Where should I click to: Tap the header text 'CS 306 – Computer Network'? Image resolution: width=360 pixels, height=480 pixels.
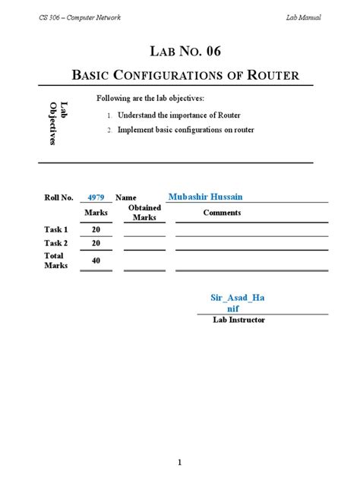(x=80, y=17)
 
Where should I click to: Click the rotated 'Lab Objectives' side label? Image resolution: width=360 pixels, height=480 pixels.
(x=58, y=123)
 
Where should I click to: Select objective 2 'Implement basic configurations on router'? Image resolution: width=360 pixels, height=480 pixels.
(x=185, y=130)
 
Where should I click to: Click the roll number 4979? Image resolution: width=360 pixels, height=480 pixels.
(x=96, y=197)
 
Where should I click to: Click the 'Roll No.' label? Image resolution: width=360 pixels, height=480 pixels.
(x=58, y=197)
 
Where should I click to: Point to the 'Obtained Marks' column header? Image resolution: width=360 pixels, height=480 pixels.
(x=144, y=213)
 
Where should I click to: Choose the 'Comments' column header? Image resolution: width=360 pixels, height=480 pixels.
(x=222, y=213)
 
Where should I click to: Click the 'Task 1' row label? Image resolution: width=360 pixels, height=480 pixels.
(x=56, y=229)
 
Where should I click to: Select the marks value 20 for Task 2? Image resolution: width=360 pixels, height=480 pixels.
(x=96, y=243)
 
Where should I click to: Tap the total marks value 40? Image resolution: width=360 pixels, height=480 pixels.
(x=96, y=261)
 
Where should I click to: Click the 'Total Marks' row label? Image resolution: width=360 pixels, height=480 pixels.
(x=56, y=261)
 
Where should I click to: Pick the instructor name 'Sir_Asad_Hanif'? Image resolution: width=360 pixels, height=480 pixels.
(x=238, y=304)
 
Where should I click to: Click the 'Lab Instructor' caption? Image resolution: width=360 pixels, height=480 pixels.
(x=238, y=321)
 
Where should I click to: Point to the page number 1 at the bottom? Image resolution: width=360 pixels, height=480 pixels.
(x=180, y=441)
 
